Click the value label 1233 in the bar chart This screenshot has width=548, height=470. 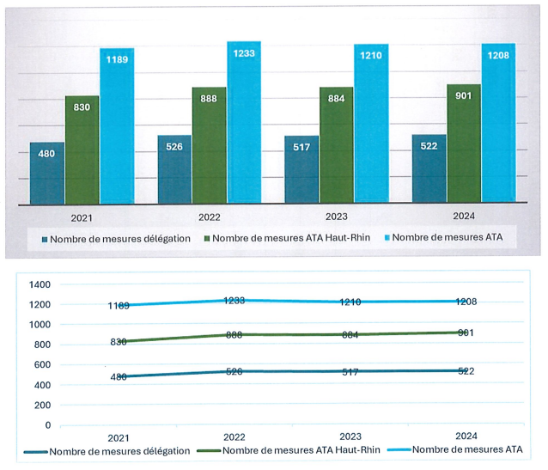pyautogui.click(x=243, y=53)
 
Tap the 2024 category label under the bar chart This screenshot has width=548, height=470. pyautogui.click(x=463, y=217)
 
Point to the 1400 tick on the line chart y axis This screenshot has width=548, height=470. pyautogui.click(x=40, y=284)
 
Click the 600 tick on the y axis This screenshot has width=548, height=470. pyautogui.click(x=43, y=365)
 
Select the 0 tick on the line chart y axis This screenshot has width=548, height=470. pyautogui.click(x=48, y=425)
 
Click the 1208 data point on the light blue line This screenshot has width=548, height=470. pyautogui.click(x=468, y=302)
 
